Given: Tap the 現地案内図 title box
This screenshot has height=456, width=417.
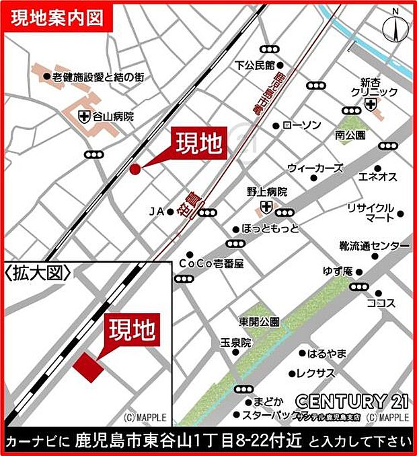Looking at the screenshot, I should pos(57,18).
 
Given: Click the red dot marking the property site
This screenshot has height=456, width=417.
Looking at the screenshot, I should pos(134,168).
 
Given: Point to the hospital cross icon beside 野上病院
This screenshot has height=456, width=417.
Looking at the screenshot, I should pos(267,205).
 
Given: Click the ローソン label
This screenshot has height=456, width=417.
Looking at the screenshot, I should pos(302,125).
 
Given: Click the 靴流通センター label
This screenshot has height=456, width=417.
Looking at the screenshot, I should pos(374,247).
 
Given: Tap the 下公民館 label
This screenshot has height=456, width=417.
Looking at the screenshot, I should pos(255,65).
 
